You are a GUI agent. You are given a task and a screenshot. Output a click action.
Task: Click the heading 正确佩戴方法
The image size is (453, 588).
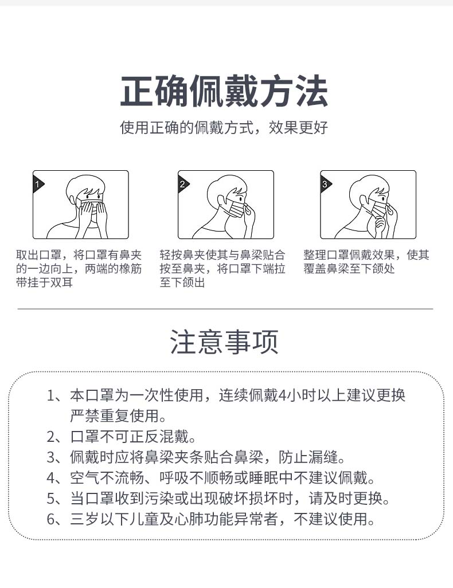tap(224, 92)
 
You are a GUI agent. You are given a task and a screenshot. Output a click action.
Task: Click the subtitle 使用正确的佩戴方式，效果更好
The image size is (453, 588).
tap(224, 127)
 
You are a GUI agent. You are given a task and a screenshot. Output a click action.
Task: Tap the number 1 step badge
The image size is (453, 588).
tap(37, 183)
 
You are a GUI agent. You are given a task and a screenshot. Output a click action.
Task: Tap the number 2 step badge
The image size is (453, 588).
tap(182, 183)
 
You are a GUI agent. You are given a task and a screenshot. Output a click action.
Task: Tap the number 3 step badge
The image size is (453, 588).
tap(325, 183)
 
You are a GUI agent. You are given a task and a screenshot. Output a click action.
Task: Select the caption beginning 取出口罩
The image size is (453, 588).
tap(79, 269)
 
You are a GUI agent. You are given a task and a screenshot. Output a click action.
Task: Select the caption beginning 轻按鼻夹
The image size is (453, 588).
tap(222, 269)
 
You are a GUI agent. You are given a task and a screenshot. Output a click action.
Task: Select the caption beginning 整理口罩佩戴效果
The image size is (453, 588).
tap(366, 262)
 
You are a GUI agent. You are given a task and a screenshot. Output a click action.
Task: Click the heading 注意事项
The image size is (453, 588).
tap(224, 342)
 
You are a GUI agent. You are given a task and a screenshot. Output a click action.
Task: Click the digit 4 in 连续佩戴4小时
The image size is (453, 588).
tap(282, 395)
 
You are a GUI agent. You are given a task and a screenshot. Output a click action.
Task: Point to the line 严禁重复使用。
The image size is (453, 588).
tap(118, 415)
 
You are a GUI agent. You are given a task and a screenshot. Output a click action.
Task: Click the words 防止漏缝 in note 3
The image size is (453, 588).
tap(311, 457)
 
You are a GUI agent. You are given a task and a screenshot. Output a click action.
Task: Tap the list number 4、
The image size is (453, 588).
tap(55, 478)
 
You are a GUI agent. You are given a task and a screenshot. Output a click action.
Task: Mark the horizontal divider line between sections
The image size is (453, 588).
tap(225, 309)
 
